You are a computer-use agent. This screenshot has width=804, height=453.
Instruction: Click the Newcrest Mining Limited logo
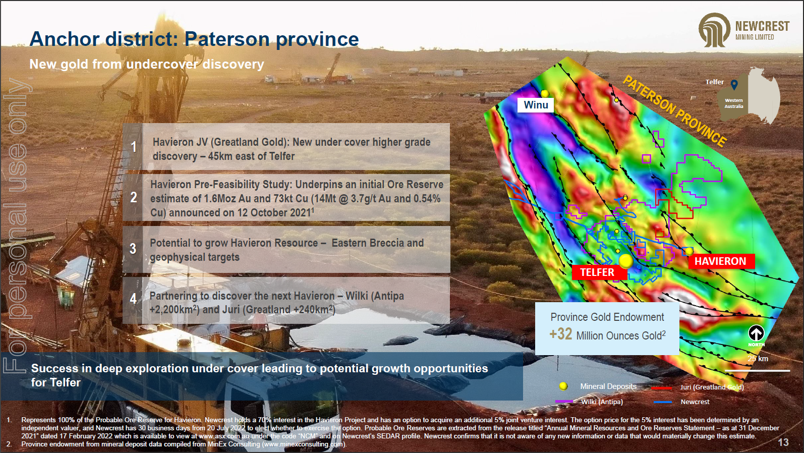(743, 30)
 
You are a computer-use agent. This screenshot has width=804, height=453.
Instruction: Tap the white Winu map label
(536, 105)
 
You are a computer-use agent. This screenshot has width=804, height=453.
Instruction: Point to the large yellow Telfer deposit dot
(625, 261)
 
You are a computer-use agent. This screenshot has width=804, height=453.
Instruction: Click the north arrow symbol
(756, 333)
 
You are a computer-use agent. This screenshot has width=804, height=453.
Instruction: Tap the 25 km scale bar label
(758, 359)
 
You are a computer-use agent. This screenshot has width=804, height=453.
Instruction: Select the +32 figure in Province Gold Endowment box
(561, 334)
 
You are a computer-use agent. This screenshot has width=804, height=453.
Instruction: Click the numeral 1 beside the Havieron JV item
(134, 147)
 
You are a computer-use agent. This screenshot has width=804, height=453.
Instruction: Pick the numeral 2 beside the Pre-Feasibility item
(134, 197)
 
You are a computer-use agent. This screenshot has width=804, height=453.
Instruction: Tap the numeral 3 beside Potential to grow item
(133, 248)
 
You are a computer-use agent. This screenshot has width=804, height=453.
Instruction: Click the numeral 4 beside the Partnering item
(133, 299)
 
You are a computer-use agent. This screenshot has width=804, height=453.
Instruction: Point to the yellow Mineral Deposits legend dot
(563, 386)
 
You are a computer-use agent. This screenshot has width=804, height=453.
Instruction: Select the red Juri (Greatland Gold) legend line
(661, 388)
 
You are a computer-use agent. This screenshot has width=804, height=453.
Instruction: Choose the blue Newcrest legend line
(663, 402)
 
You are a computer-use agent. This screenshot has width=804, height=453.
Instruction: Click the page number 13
(783, 442)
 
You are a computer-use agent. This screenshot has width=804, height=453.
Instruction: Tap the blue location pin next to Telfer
(734, 85)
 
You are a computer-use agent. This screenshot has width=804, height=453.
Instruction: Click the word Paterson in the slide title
(227, 39)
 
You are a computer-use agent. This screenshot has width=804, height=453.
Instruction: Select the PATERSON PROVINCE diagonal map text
(675, 111)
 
